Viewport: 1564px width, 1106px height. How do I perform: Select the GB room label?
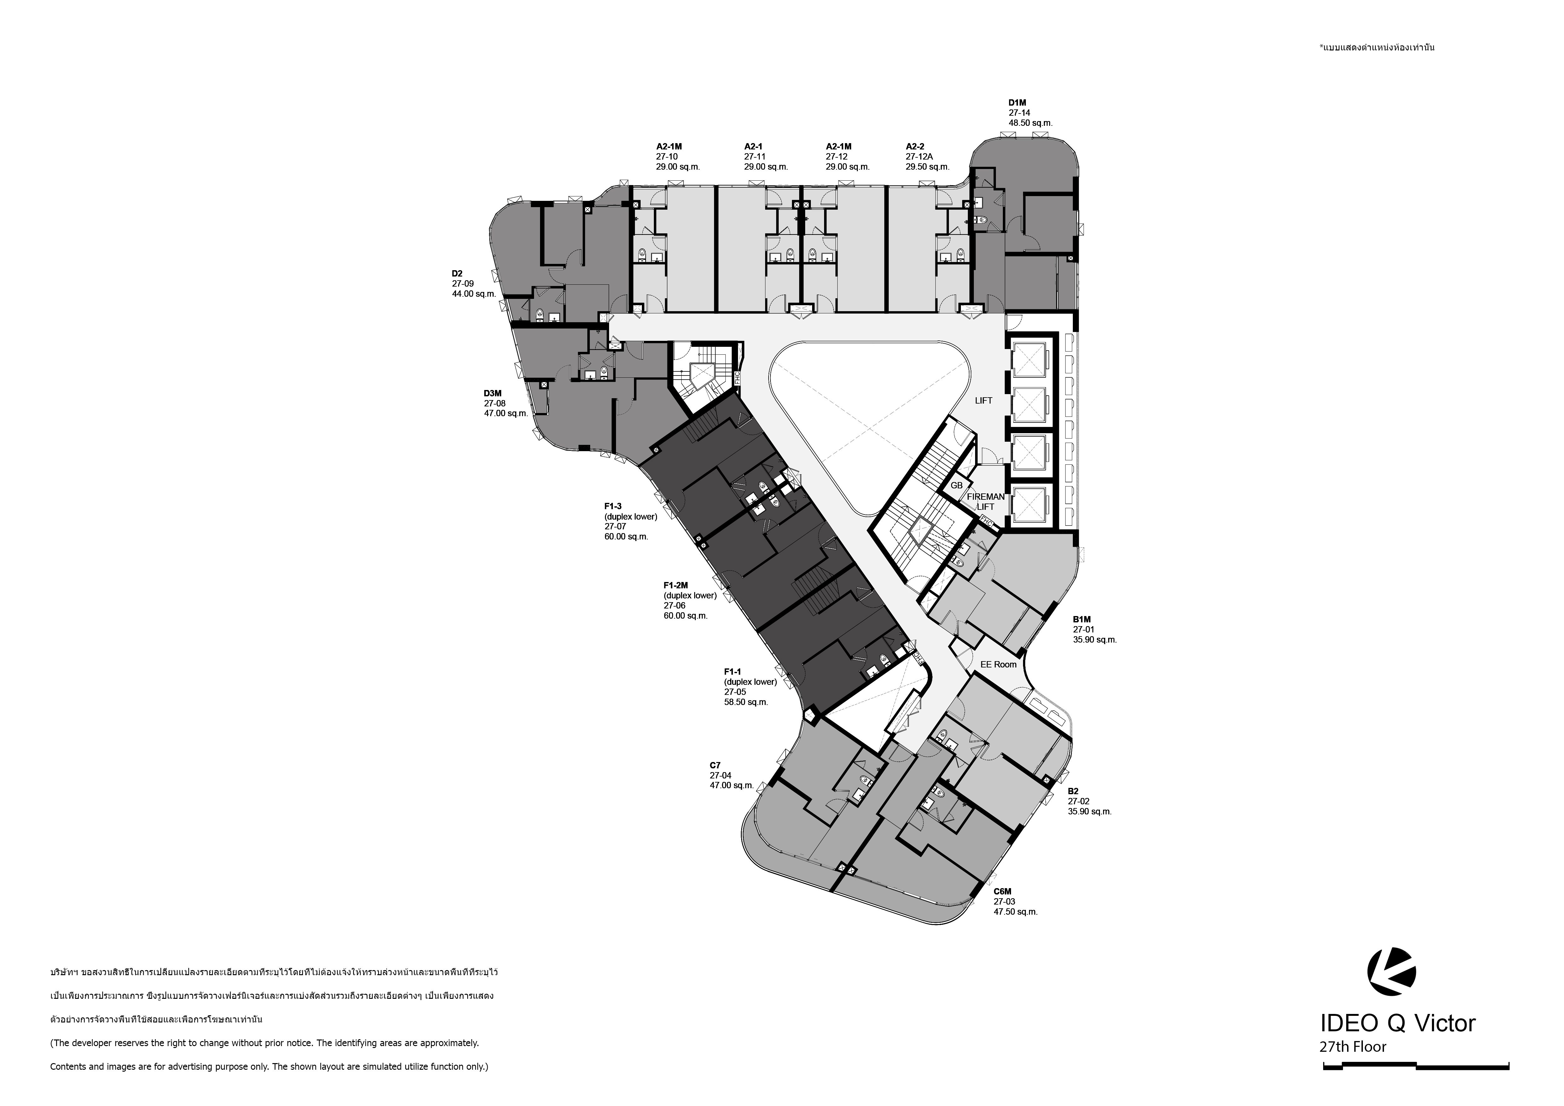[x=956, y=486]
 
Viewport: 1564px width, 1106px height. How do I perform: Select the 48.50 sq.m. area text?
[x=1030, y=123]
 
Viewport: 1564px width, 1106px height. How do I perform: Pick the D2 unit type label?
[x=457, y=274]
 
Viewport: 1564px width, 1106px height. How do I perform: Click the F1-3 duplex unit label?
[x=613, y=506]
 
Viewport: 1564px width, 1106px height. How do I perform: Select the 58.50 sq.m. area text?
[x=746, y=702]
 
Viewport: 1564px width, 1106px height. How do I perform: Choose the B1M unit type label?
[x=1082, y=620]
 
